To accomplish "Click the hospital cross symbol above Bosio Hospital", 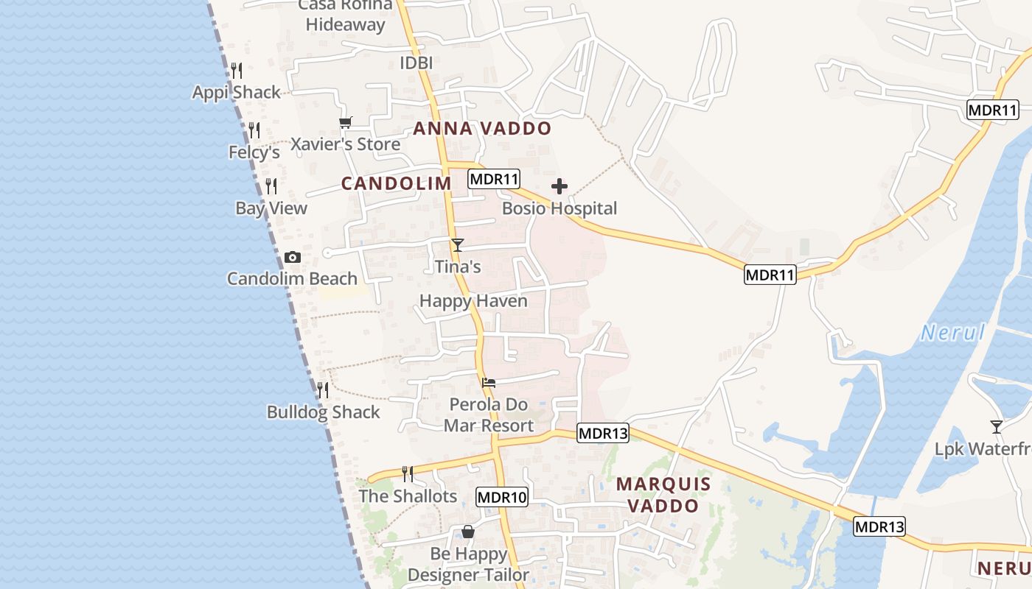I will point(559,186).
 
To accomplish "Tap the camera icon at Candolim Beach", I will point(293,258).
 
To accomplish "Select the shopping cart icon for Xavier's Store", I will point(345,122).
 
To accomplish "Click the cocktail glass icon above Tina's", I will point(458,244).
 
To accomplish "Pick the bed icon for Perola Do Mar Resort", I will point(488,383).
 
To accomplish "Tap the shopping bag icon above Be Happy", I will point(467,532).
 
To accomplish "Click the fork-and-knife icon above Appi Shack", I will point(237,71).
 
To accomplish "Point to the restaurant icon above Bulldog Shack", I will point(323,389).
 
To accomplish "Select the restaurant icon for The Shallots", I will point(407,473).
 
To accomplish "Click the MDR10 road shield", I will point(502,497).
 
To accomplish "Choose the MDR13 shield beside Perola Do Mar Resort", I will point(603,433).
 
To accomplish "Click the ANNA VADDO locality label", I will point(482,129).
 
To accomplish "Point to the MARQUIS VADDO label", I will point(663,495).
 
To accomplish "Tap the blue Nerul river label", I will point(953,333).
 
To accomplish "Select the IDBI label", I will point(416,63).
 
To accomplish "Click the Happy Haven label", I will point(473,301).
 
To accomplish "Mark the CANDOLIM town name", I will point(396,184).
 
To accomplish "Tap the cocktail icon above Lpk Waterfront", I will point(997,426).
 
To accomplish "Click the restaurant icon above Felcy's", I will point(254,130).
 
